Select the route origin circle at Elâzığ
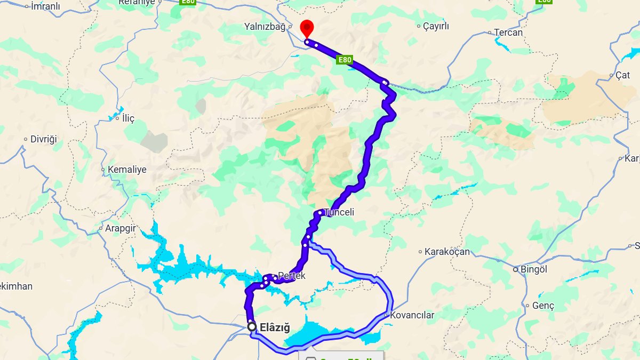[252, 326]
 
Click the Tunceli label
[340, 212]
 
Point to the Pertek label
[292, 276]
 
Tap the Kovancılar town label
[412, 315]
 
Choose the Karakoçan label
[447, 252]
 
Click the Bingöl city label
[533, 270]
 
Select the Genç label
[543, 306]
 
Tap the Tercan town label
[508, 33]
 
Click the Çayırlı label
[436, 26]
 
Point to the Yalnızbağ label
[265, 26]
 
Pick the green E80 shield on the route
[345, 60]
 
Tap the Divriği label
[43, 139]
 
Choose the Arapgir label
[120, 228]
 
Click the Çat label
[622, 76]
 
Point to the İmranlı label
[45, 7]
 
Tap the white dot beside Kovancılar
[386, 315]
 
